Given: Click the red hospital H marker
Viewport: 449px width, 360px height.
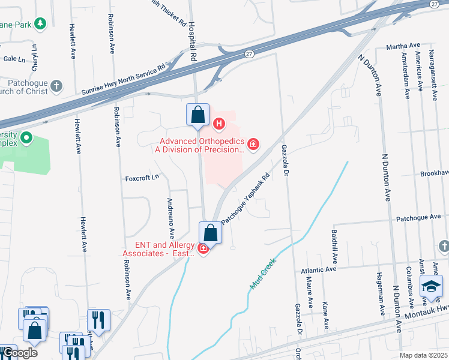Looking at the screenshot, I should (x=219, y=124).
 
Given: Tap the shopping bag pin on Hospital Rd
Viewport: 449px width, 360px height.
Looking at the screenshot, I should (x=197, y=115).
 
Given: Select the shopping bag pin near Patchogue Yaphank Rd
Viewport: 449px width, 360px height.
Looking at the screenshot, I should (x=210, y=233).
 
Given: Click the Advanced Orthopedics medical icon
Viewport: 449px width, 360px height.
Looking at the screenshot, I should (x=254, y=143).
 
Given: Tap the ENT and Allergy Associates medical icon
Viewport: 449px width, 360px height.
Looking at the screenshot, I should (x=203, y=249).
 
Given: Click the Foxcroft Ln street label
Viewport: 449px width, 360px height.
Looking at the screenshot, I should (x=142, y=178).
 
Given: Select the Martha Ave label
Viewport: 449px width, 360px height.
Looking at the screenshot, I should (x=402, y=46).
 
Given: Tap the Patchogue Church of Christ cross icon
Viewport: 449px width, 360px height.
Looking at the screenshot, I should (x=56, y=86).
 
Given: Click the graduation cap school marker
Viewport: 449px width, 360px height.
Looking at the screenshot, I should (x=431, y=287).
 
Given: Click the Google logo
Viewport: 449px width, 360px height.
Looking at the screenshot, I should (x=19, y=353).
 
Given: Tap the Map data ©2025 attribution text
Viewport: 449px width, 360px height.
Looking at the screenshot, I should (x=423, y=355).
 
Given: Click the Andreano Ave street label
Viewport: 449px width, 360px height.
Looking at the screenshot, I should (x=171, y=217).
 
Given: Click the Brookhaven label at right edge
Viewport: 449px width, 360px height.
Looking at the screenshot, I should (x=434, y=172).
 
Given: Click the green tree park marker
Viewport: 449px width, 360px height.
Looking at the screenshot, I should (x=40, y=24).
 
